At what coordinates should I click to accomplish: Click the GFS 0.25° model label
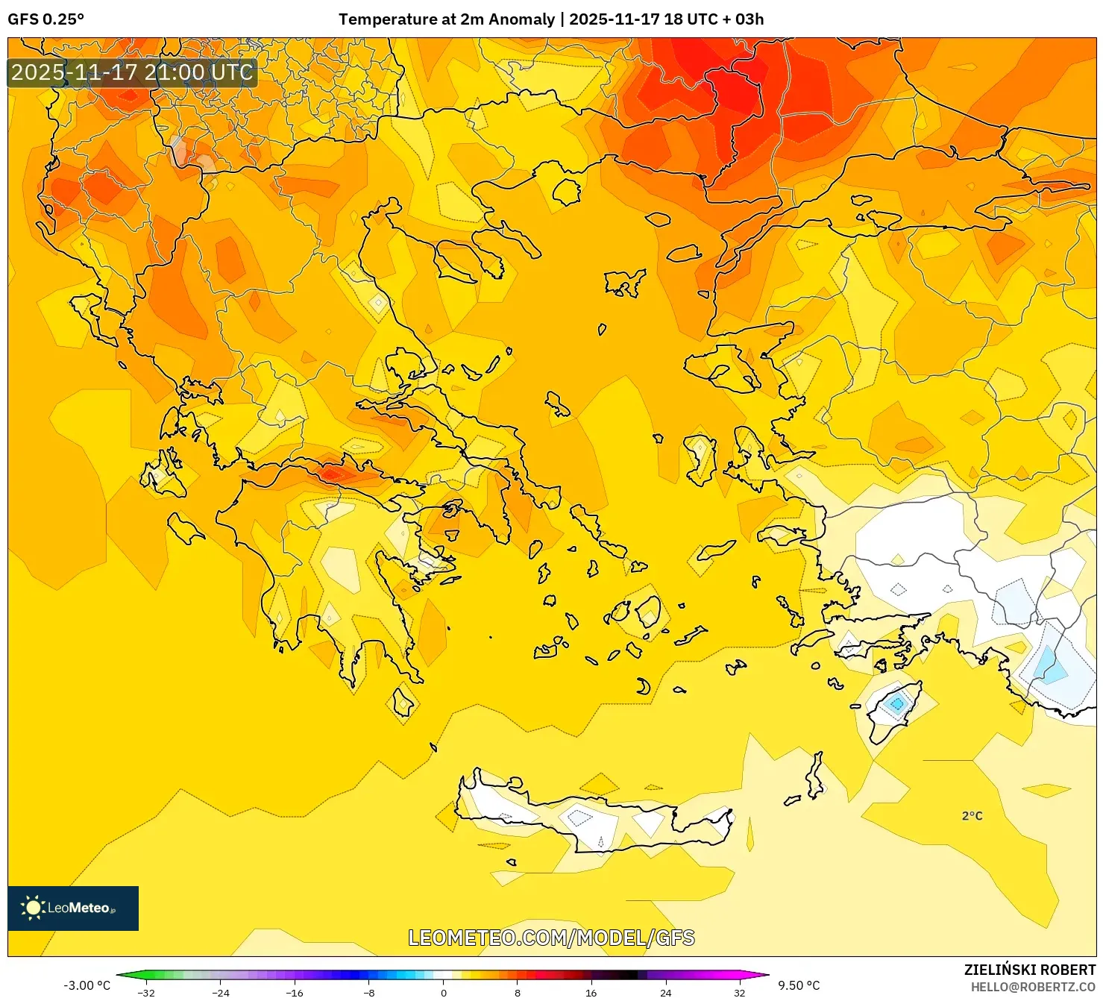(x=45, y=19)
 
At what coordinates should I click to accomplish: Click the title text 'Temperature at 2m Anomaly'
(x=446, y=19)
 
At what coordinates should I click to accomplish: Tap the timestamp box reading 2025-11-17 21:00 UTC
(x=132, y=72)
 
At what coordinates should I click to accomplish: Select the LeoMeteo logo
(x=72, y=908)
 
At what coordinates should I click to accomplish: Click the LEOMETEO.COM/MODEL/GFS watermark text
(x=551, y=938)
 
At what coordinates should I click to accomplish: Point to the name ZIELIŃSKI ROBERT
(x=1029, y=970)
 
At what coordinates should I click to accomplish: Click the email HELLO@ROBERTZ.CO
(x=1032, y=987)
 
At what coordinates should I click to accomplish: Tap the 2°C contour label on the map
(x=972, y=816)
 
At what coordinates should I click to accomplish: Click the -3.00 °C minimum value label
(x=87, y=985)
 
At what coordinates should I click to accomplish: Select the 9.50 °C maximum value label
(x=799, y=985)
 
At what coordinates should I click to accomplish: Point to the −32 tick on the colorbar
(x=146, y=992)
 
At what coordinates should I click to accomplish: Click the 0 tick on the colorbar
(x=444, y=992)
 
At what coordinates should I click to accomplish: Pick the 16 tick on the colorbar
(x=591, y=992)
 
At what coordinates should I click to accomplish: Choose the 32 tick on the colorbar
(x=739, y=992)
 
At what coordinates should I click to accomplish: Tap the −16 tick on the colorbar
(x=295, y=992)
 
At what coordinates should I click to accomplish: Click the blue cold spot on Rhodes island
(x=896, y=703)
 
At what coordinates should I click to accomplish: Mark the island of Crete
(x=597, y=817)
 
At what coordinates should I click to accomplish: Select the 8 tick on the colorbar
(x=518, y=992)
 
